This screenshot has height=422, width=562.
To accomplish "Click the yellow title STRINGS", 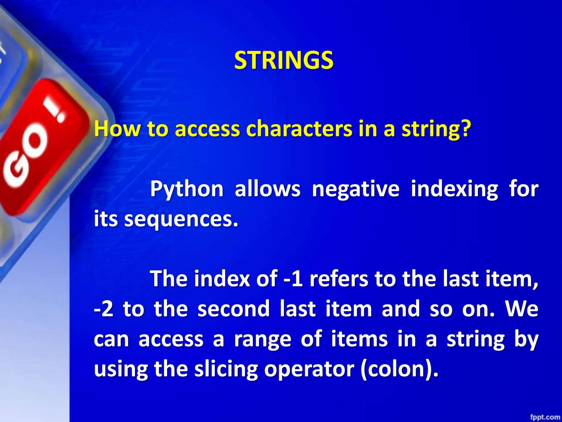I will tap(284, 60).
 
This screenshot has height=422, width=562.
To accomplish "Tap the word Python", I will tap(187, 190).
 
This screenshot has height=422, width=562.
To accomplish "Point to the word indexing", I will tap(454, 190).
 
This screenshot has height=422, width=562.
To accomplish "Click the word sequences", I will tap(181, 220).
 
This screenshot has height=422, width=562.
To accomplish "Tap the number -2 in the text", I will tap(103, 309).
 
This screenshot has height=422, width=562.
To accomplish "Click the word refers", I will tap(339, 279).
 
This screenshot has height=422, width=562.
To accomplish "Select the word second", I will tap(234, 309).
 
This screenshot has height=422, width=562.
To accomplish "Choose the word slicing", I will tap(226, 369).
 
